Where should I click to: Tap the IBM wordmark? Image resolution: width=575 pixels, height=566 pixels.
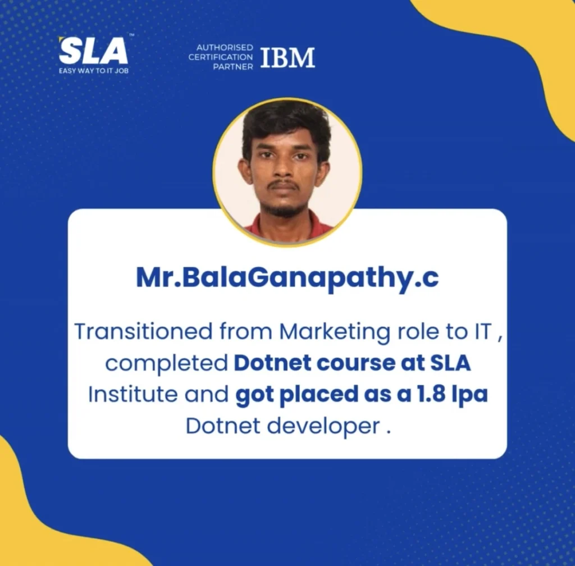click(x=287, y=57)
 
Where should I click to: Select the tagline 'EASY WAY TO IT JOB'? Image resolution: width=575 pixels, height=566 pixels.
click(x=94, y=70)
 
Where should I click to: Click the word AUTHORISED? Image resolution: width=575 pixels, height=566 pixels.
click(x=225, y=47)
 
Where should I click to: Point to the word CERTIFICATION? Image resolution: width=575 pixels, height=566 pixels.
click(x=220, y=57)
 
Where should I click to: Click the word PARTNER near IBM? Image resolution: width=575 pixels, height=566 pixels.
click(x=233, y=67)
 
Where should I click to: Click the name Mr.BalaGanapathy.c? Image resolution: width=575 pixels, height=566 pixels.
click(x=287, y=279)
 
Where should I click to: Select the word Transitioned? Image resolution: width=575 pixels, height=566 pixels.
click(x=143, y=331)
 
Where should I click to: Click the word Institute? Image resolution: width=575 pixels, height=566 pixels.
click(x=133, y=395)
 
